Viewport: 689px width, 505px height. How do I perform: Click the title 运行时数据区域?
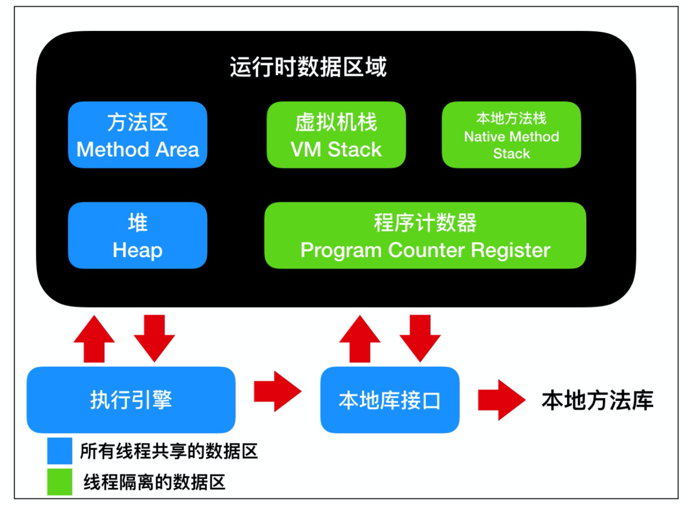[x=308, y=67]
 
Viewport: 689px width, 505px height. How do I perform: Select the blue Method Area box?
[x=138, y=135]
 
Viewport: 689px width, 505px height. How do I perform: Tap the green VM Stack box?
[x=336, y=135]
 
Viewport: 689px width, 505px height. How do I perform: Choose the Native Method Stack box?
[x=511, y=135]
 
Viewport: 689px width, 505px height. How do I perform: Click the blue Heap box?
[x=138, y=235]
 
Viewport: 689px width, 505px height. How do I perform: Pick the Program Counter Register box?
[x=425, y=235]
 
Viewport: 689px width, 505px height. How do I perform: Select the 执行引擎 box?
[x=131, y=399]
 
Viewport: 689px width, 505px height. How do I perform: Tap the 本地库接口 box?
[x=390, y=399]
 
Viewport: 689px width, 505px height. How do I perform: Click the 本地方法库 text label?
[x=597, y=400]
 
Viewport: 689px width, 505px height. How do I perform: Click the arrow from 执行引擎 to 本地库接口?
[x=277, y=392]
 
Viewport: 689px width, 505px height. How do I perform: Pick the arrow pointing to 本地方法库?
[x=501, y=400]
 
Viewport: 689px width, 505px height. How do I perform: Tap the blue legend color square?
[x=60, y=451]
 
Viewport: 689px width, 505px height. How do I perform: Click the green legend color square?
[x=60, y=482]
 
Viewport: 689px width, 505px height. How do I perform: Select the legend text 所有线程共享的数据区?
[x=169, y=451]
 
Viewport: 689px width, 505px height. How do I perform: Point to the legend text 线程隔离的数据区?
[x=154, y=482]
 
